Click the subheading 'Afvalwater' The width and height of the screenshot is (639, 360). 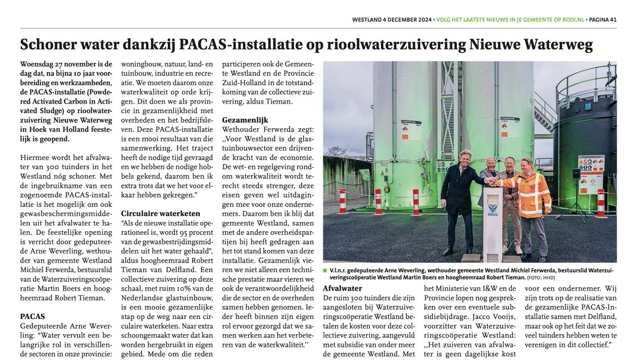343,288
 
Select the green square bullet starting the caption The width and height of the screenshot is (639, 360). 325,271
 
